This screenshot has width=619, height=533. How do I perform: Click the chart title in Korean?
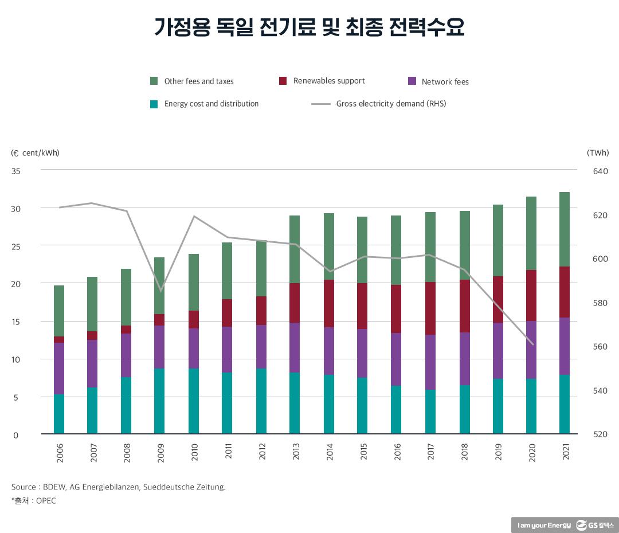click(309, 27)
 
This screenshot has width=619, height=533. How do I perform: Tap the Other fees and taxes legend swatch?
click(154, 81)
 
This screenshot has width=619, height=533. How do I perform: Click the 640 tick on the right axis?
click(600, 171)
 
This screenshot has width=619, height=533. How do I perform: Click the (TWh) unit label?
click(598, 153)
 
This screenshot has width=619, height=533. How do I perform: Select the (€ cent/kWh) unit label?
click(36, 153)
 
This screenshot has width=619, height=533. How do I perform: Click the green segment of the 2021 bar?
click(565, 229)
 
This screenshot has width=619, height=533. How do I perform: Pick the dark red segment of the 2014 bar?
click(329, 303)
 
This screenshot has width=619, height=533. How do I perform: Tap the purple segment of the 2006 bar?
click(59, 368)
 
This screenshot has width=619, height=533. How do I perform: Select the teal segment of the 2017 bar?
click(430, 411)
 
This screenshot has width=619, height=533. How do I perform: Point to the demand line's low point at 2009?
click(160, 291)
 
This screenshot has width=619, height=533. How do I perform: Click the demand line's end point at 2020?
click(532, 344)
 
